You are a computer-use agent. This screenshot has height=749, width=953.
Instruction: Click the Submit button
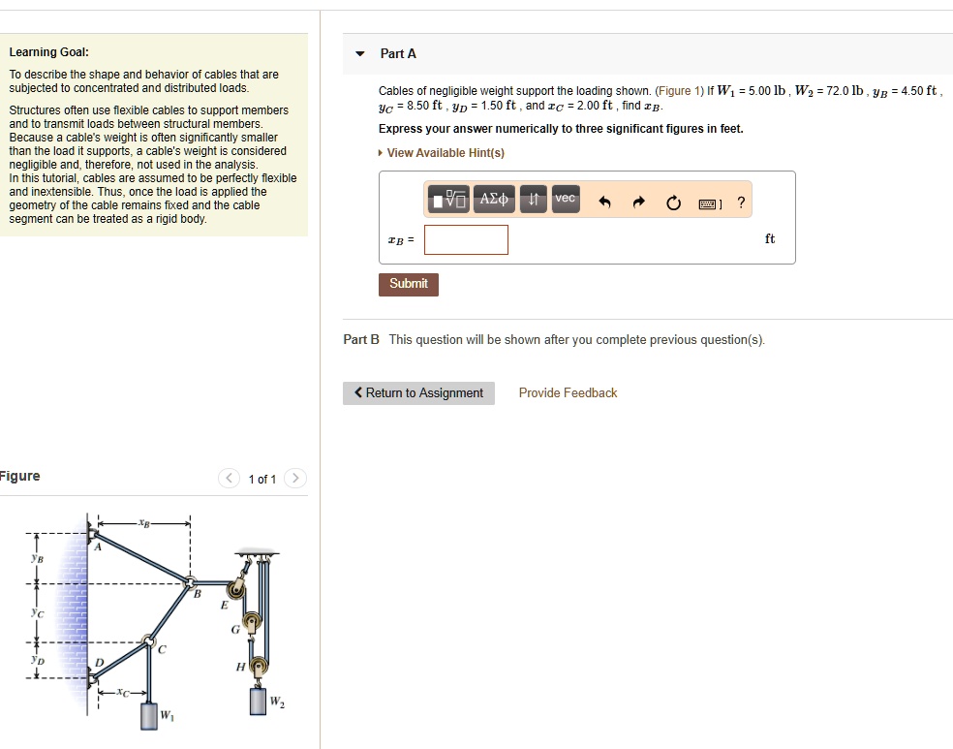point(408,284)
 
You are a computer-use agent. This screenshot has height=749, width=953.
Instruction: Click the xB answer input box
point(466,239)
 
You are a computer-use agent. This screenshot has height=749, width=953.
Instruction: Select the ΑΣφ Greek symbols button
point(494,199)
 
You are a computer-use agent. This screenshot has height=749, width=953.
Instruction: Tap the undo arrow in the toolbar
point(605,203)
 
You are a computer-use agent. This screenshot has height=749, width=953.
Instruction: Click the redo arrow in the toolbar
point(638,203)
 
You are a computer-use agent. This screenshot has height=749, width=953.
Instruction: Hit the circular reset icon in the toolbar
point(673,203)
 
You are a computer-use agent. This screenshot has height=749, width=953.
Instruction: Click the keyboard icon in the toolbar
point(708,203)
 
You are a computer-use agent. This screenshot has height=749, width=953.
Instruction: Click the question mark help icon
point(741,203)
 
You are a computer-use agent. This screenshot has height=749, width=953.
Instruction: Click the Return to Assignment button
point(418,392)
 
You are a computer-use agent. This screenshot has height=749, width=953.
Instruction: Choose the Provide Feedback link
point(568,392)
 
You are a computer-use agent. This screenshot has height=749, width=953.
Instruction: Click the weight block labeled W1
point(148,716)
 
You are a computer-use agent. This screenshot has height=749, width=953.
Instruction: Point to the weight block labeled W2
point(259,701)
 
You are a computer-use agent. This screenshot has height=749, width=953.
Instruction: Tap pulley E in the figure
point(235,589)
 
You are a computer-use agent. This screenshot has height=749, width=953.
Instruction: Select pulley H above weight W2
point(258,666)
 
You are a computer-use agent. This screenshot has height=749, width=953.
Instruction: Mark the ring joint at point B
point(191,583)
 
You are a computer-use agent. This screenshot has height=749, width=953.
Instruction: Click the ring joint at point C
point(148,640)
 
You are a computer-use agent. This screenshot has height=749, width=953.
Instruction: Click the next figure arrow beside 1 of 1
point(295,479)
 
